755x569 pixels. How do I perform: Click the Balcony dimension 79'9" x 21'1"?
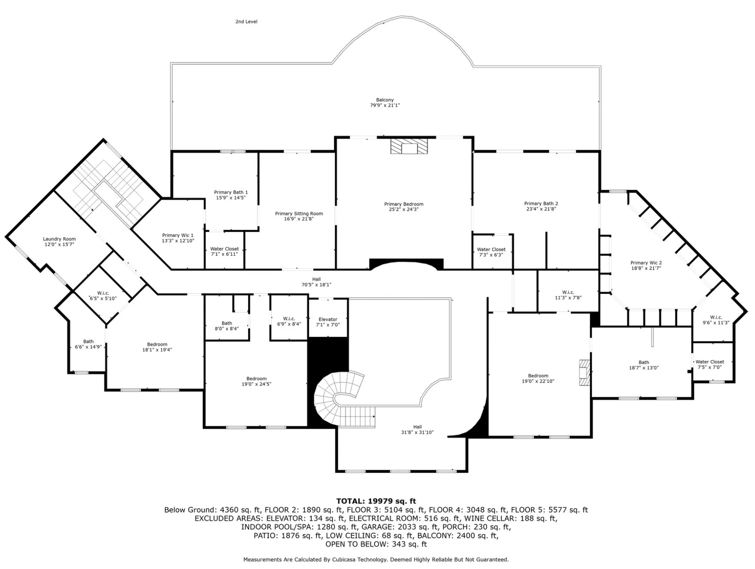385,105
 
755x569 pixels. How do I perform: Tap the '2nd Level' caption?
246,22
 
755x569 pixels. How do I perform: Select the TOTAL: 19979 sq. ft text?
376,501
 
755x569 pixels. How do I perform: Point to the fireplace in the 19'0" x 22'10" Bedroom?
585,372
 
